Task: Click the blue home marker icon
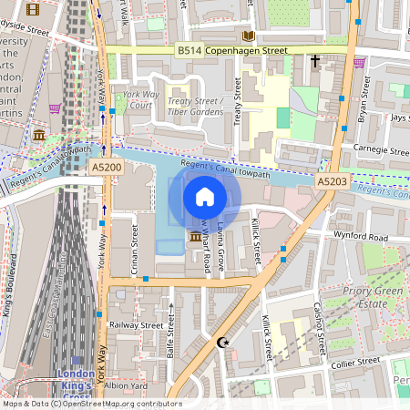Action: pyautogui.click(x=205, y=196)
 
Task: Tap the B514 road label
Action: pyautogui.click(x=190, y=54)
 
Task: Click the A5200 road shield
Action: pyautogui.click(x=106, y=168)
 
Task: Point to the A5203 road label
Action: pyautogui.click(x=332, y=182)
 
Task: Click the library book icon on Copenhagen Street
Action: pyautogui.click(x=248, y=36)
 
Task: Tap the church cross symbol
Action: pyautogui.click(x=315, y=62)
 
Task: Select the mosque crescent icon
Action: pyautogui.click(x=221, y=343)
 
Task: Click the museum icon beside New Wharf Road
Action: pyautogui.click(x=195, y=238)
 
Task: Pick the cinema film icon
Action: pyautogui.click(x=34, y=10)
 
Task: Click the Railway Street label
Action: pyautogui.click(x=135, y=324)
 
